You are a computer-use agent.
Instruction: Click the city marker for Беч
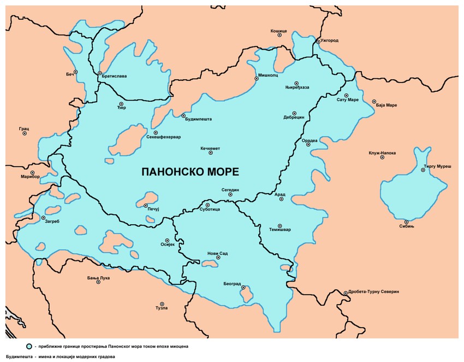coord(76,72)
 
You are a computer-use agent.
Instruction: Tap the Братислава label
coord(114,76)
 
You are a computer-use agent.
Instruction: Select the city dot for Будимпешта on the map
coord(183,115)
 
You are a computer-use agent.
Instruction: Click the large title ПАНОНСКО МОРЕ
coord(190,172)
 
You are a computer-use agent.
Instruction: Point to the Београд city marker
coord(243,287)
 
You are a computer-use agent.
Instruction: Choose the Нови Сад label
coord(217,253)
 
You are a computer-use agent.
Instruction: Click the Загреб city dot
coord(44,218)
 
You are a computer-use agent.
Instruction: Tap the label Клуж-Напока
coord(382,153)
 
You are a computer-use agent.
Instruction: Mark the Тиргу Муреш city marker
coord(423,170)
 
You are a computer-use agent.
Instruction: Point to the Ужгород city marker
coord(318,42)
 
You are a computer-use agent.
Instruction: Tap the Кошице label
coord(278,31)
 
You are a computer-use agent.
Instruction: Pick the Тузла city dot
coord(162,304)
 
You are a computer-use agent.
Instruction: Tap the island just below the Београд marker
coord(246,296)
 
